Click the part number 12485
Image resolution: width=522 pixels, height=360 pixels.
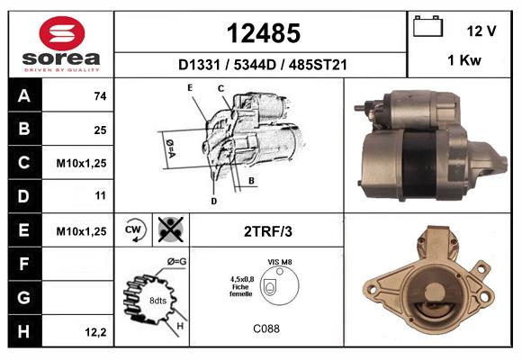[262, 33]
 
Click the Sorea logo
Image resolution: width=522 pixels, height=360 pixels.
[61, 44]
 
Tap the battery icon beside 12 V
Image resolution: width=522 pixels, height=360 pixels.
[427, 28]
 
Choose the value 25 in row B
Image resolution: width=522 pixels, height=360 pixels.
[99, 130]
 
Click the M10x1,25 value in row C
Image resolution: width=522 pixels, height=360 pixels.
[82, 163]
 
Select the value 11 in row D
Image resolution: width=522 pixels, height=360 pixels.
[99, 195]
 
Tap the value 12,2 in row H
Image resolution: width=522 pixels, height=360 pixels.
[96, 332]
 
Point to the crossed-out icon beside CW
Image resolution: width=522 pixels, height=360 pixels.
[168, 229]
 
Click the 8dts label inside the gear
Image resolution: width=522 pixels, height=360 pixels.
[157, 300]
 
